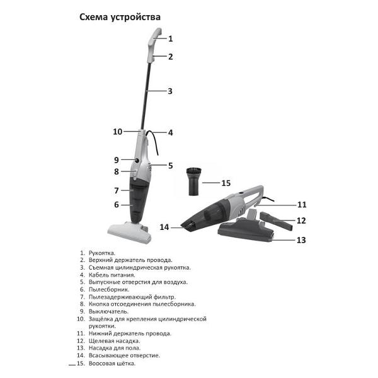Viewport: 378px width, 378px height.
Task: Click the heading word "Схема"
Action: [x=94, y=17]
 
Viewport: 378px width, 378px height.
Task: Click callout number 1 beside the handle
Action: [x=170, y=38]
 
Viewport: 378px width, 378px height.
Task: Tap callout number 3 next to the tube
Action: [x=170, y=91]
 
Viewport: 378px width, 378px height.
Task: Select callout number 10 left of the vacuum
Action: [x=117, y=132]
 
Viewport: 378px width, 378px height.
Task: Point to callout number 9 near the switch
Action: [x=116, y=159]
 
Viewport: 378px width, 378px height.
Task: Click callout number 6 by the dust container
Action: [x=116, y=204]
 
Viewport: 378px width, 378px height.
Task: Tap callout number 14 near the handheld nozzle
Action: [x=164, y=227]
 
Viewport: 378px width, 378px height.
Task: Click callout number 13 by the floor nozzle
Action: [x=301, y=240]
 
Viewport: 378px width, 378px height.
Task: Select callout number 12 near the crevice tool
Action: [x=301, y=220]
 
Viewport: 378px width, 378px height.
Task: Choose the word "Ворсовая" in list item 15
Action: [x=102, y=364]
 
